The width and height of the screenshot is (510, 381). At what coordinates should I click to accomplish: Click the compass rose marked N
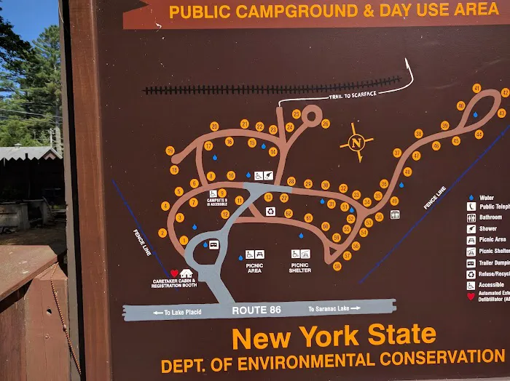click(x=356, y=143)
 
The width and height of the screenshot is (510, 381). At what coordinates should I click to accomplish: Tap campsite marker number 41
click(x=476, y=88)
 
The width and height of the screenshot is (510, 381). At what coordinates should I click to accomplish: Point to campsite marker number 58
click(x=337, y=266)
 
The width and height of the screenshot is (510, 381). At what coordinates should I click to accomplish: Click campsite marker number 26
click(x=326, y=124)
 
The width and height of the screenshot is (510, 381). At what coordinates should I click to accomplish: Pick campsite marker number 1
click(x=184, y=240)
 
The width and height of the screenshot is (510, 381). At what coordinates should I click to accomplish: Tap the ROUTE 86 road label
click(x=256, y=310)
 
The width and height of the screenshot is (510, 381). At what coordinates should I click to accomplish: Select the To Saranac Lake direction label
click(x=334, y=308)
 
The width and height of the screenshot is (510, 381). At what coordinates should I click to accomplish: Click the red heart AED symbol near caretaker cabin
click(x=174, y=273)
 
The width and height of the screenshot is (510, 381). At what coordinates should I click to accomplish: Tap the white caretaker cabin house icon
click(x=187, y=273)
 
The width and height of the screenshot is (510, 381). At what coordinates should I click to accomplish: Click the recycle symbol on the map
click(x=270, y=211)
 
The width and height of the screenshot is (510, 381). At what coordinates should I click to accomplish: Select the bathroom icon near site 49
click(x=395, y=214)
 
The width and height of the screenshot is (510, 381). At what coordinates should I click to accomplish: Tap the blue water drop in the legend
click(x=471, y=197)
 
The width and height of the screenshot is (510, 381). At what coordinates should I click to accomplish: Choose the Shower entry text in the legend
click(x=489, y=228)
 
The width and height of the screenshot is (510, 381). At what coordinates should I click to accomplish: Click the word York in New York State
click(x=329, y=336)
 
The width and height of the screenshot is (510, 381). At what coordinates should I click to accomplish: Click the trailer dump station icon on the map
click(x=214, y=244)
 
